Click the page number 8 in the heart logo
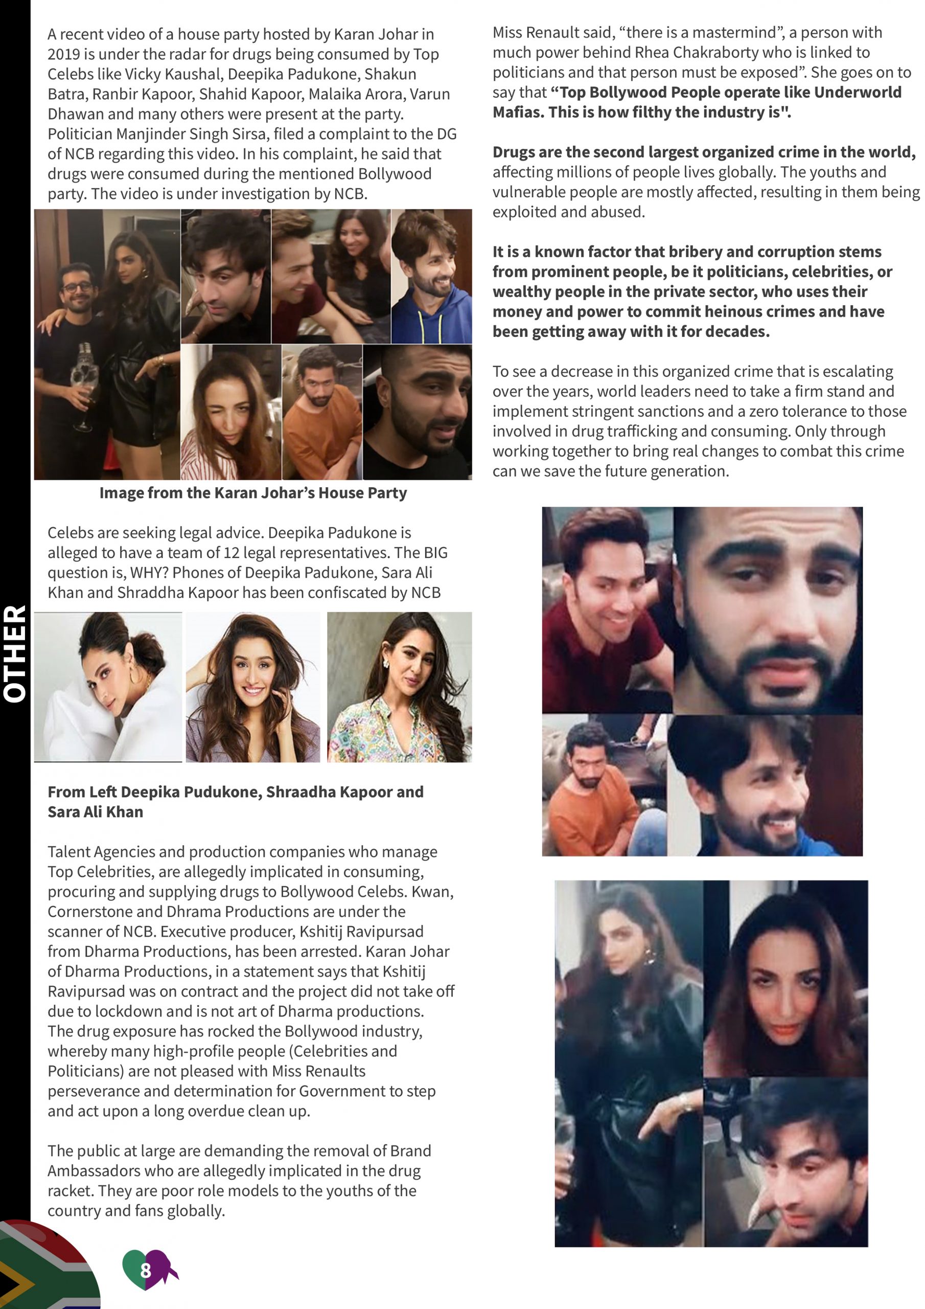(x=145, y=1270)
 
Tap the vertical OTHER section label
(x=15, y=653)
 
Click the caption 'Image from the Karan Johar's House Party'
(x=253, y=492)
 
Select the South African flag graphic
(x=45, y=1269)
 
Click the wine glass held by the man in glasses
(x=84, y=393)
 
